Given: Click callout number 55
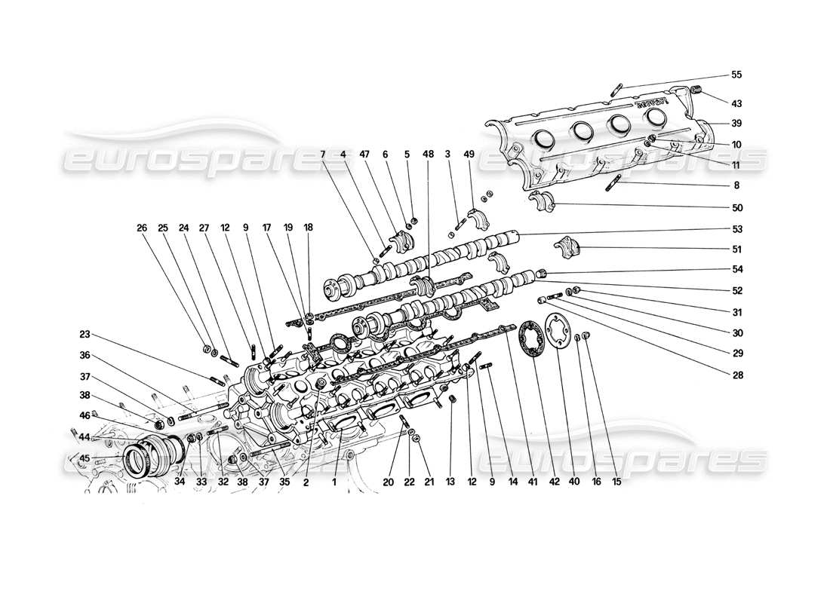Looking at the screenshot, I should click(x=736, y=75).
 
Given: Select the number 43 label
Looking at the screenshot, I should click(x=736, y=103).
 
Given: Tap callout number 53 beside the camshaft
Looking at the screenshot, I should click(x=736, y=229).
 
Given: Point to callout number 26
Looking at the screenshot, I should click(x=141, y=226).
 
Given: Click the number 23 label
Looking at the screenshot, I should click(x=85, y=334).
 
